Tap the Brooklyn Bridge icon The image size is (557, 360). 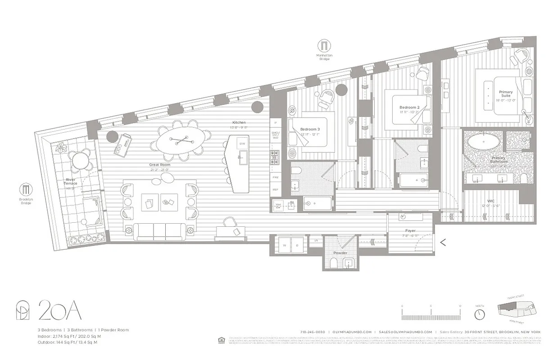coord(26,189)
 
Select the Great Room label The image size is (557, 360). coord(159,165)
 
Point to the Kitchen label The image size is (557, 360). coord(239,122)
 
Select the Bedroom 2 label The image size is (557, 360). coord(409,108)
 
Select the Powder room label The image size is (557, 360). coord(340,253)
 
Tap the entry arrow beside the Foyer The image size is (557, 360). coord(443,243)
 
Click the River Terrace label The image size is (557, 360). coord(70,181)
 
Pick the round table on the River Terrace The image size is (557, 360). coord(79,159)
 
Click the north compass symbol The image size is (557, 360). coord(480,314)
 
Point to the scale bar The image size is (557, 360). coord(430,311)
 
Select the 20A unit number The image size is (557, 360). coord(59,310)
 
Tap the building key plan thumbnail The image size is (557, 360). coord(518,310)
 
